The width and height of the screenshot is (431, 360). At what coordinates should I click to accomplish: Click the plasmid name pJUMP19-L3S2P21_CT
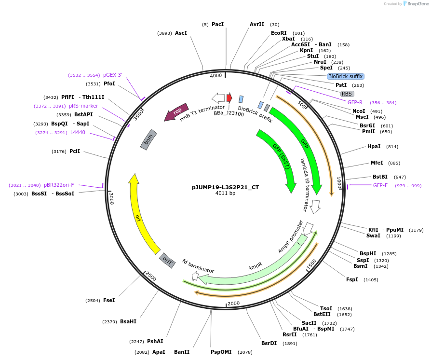[225, 187]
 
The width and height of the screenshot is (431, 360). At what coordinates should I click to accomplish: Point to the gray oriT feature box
[167, 261]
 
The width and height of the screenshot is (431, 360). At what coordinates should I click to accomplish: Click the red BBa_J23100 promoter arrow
[229, 98]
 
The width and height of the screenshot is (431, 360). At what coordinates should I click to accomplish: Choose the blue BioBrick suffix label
[345, 76]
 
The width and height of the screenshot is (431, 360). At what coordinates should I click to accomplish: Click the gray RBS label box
[347, 94]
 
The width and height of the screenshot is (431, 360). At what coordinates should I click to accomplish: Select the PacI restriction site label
[217, 24]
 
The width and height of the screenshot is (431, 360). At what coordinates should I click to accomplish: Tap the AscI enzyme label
[181, 33]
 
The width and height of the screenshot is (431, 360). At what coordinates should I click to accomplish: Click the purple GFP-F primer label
[380, 185]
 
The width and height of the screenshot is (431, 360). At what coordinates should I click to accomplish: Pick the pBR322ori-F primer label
[59, 185]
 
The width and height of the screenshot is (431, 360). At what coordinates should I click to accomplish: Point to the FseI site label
[109, 300]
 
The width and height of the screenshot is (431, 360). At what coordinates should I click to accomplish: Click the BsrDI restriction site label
[269, 343]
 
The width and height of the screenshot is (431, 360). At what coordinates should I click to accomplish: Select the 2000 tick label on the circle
[233, 303]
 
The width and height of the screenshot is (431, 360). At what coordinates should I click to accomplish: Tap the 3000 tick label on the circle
[111, 199]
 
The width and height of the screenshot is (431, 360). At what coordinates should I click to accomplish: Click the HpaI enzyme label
[374, 146]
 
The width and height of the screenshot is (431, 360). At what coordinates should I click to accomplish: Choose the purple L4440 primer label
[78, 132]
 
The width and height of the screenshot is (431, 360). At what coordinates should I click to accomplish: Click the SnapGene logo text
[418, 4]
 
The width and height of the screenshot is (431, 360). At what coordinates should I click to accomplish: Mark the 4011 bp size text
[225, 194]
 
